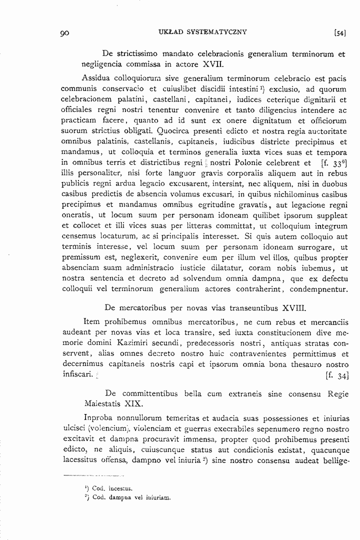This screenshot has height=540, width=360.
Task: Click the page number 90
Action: [64, 33]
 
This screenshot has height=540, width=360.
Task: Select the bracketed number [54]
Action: [339, 33]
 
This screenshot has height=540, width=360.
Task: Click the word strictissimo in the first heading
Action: [139, 53]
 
